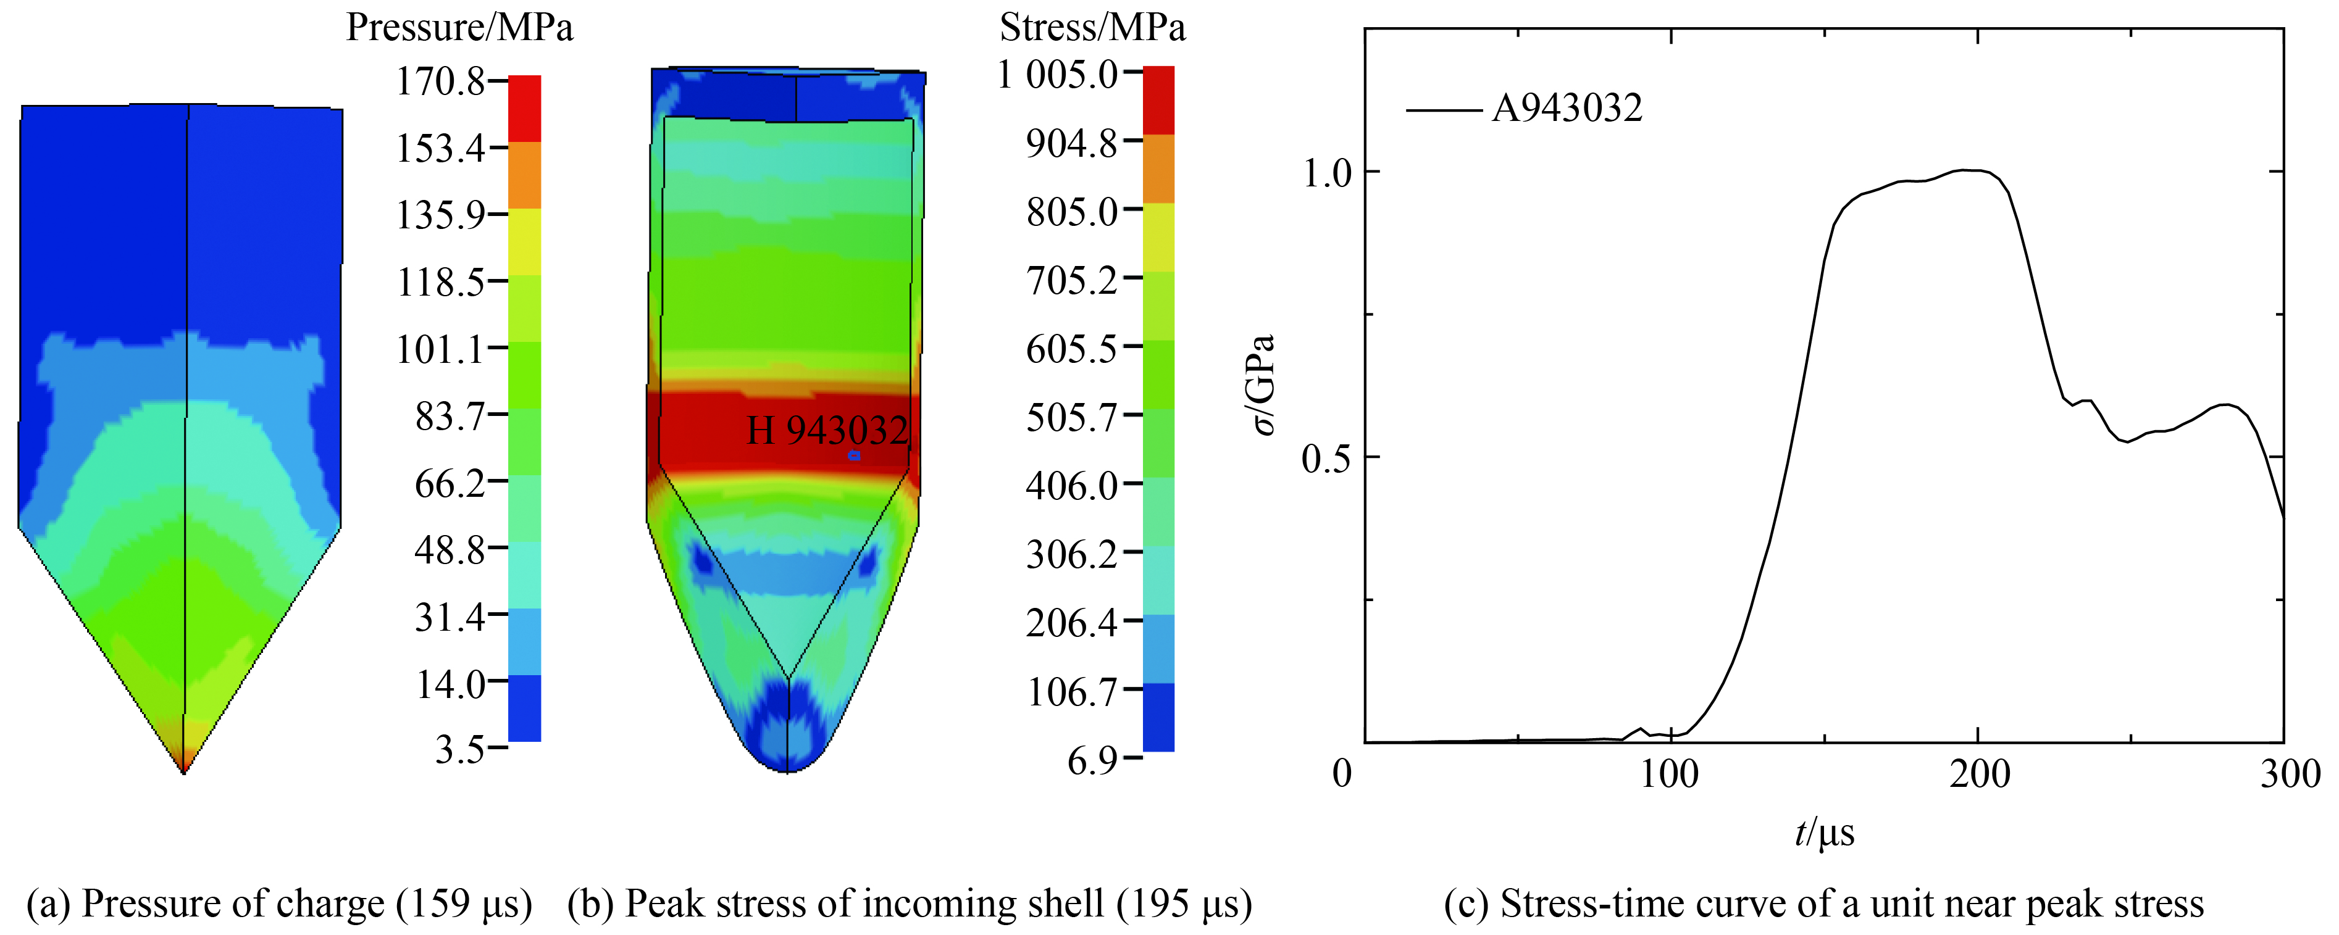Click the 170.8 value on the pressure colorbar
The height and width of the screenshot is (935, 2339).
440,81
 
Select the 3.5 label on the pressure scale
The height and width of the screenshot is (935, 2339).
459,750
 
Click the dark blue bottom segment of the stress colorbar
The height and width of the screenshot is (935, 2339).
1158,717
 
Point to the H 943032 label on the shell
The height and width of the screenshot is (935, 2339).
826,430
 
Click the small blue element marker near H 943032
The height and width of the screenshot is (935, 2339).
853,455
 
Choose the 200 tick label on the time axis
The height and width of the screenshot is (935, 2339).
1980,775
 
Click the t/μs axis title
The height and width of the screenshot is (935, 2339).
1823,833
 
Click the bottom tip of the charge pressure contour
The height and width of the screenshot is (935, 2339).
185,770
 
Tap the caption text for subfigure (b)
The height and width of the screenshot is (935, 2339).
910,904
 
